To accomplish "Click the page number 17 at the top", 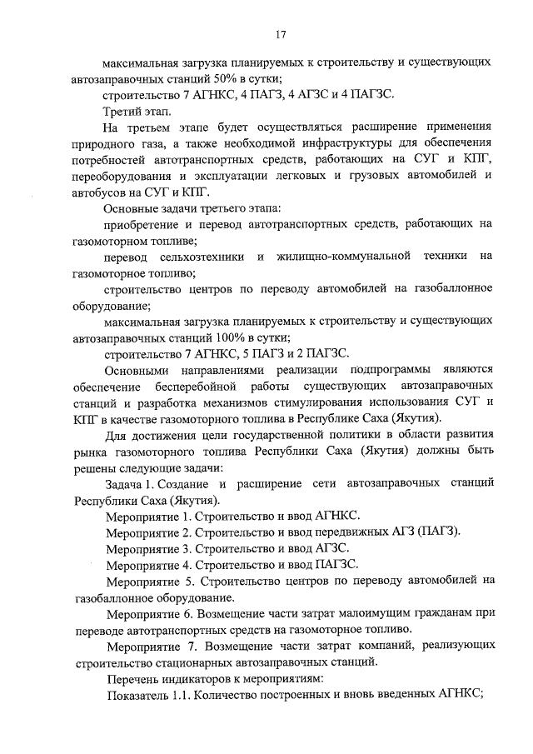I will coord(281,34).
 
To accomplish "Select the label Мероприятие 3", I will coord(149,548).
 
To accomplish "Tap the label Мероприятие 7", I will coord(152,646).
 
